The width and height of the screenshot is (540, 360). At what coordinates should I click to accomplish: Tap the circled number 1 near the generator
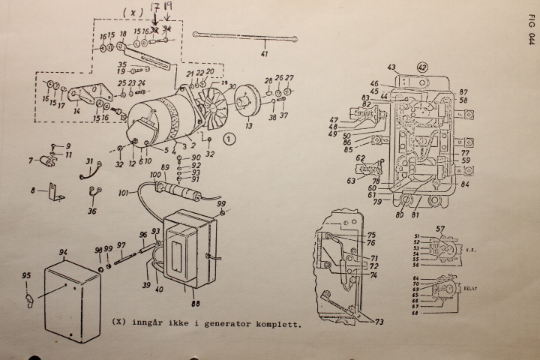[x=230, y=137]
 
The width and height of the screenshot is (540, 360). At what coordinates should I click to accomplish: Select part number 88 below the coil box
[x=195, y=304]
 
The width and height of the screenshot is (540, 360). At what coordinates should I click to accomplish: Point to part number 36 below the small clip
[x=91, y=211]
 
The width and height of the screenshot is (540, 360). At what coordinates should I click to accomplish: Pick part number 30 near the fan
[x=232, y=86]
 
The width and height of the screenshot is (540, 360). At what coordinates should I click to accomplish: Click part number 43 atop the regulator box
[x=391, y=67]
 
